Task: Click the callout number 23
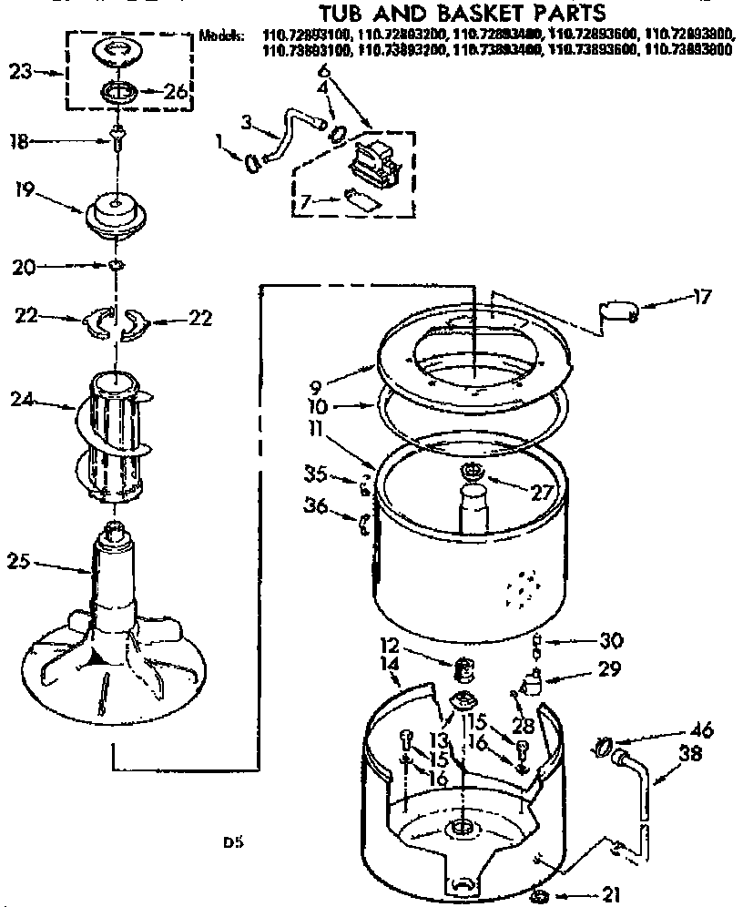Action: pos(21,70)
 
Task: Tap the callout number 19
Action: pos(25,191)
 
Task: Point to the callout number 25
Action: pos(23,562)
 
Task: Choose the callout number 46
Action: pos(701,730)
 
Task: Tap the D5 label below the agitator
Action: pos(232,842)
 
